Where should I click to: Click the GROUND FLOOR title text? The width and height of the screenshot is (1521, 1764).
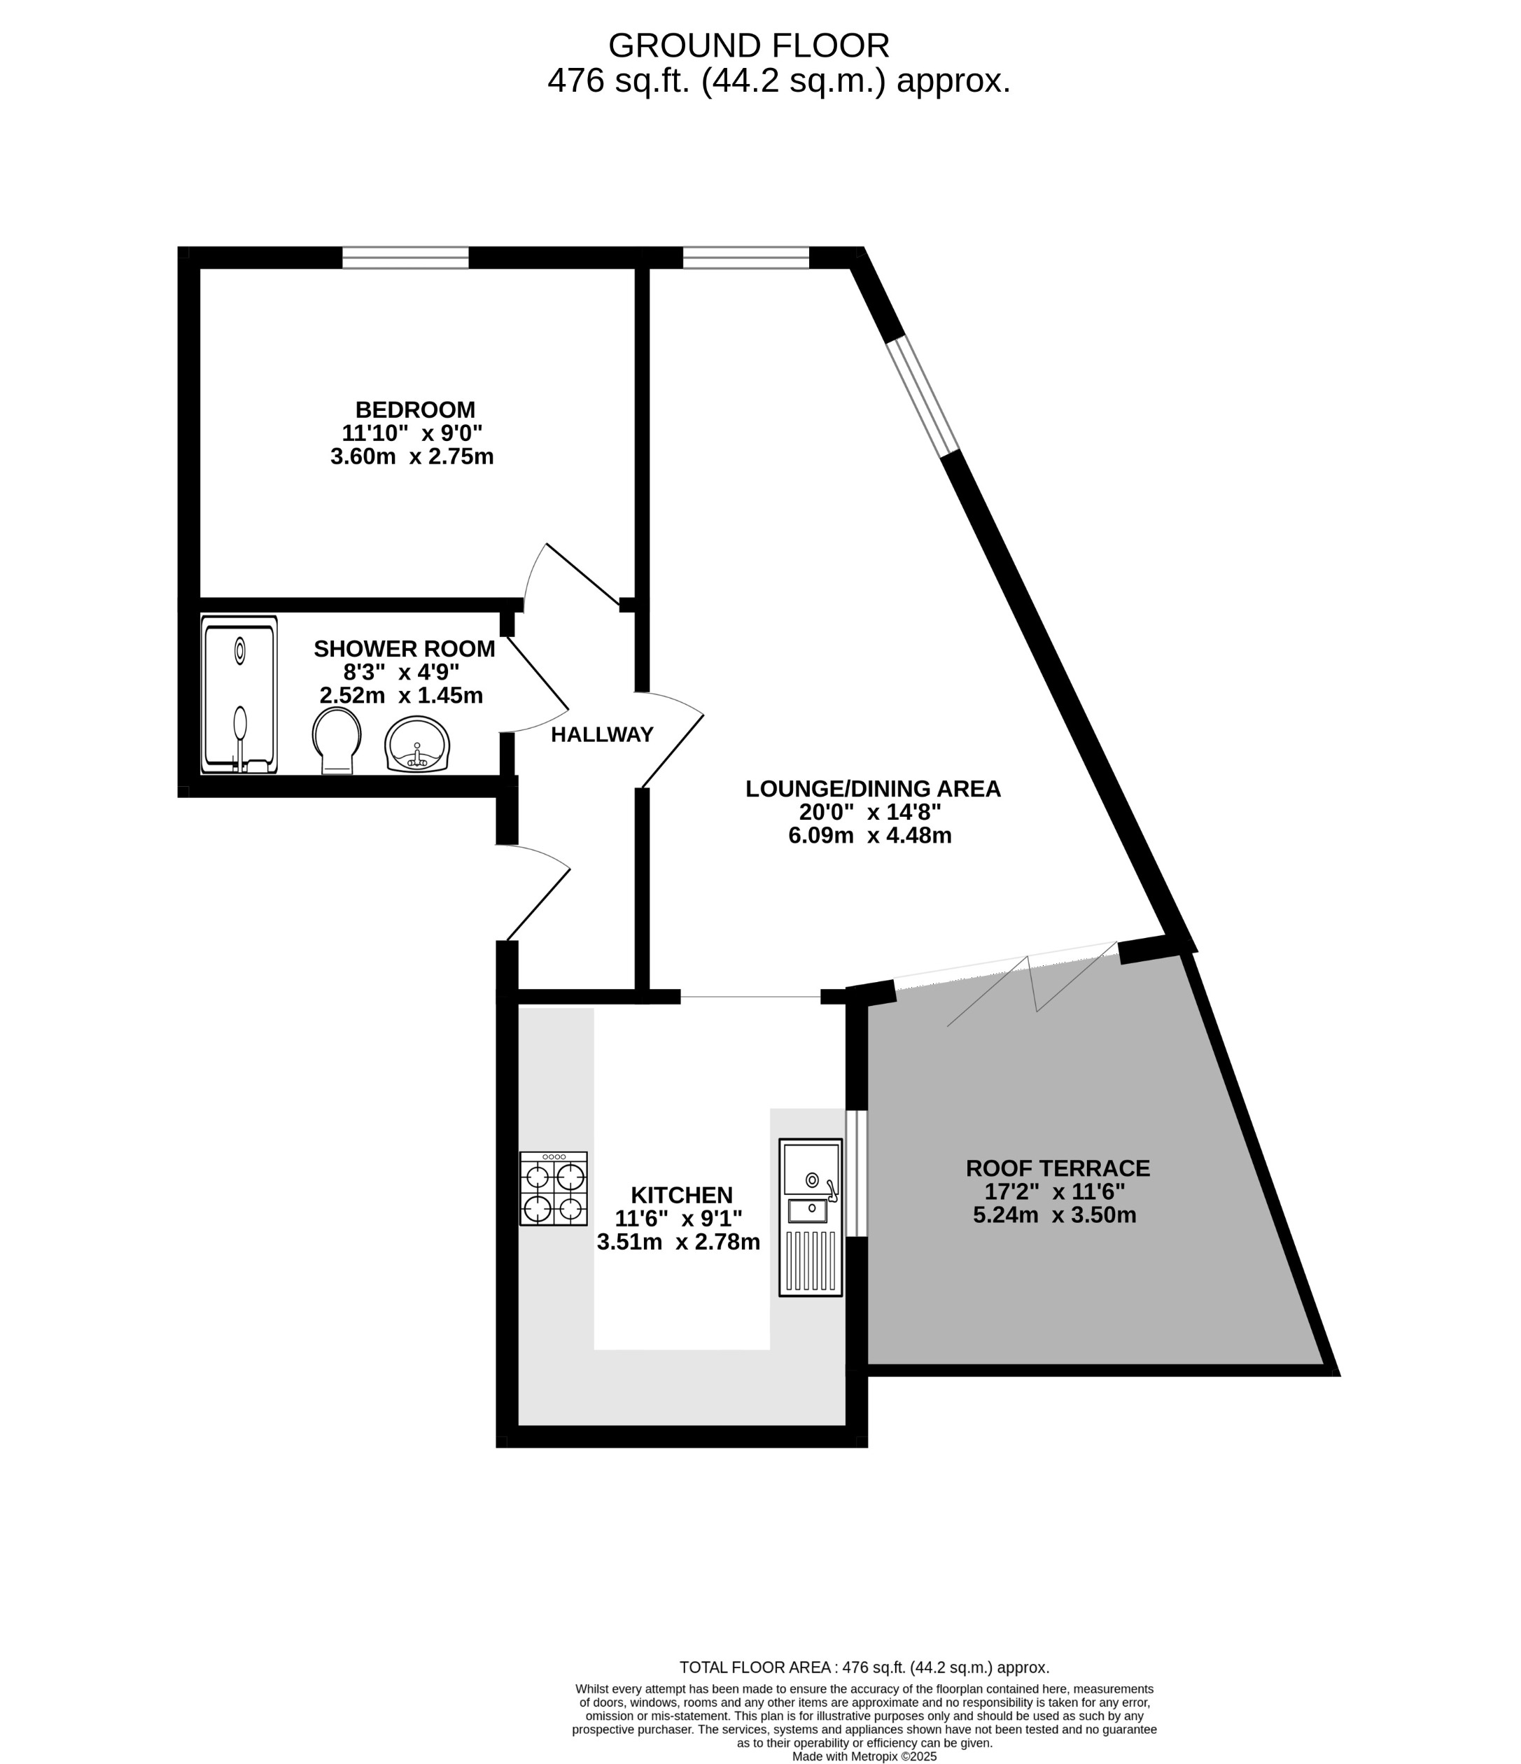click(x=748, y=45)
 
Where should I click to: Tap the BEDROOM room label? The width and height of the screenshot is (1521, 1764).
click(x=414, y=409)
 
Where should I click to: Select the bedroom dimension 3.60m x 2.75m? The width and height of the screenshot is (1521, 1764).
click(x=412, y=456)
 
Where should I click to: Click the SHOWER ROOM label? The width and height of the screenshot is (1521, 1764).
click(x=405, y=649)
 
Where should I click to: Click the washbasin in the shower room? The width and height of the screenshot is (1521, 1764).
click(x=417, y=744)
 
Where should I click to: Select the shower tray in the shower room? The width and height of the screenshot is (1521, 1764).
click(x=239, y=694)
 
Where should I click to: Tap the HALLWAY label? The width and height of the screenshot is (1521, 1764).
click(x=602, y=734)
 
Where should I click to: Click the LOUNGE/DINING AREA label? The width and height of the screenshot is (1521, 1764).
click(x=872, y=788)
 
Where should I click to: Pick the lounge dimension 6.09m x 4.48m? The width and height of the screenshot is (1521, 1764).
click(x=869, y=835)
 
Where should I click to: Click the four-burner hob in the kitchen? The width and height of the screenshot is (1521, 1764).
click(x=553, y=1189)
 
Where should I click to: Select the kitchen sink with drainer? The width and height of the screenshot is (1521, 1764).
click(x=811, y=1217)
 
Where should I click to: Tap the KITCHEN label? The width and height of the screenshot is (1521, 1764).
click(x=681, y=1194)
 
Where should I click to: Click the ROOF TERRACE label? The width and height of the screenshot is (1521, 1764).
click(x=1057, y=1168)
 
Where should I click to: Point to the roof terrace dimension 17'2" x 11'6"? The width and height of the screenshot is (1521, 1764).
click(x=1055, y=1191)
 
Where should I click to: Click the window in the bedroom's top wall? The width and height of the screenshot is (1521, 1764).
click(x=405, y=257)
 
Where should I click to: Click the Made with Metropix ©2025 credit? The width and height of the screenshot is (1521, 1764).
click(x=864, y=1756)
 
